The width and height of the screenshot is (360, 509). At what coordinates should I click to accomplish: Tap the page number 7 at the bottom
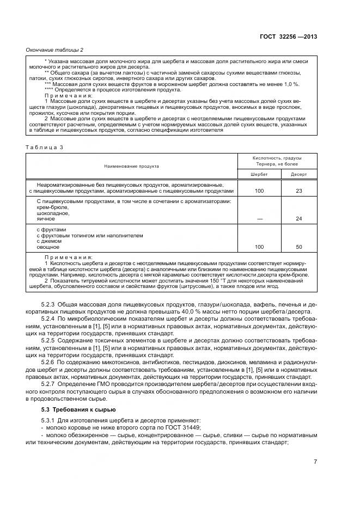[315, 462]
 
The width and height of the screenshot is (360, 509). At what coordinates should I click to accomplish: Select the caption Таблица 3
[45, 147]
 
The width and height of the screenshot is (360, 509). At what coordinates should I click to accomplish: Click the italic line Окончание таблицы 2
[54, 50]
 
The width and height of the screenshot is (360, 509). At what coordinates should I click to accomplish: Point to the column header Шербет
[259, 174]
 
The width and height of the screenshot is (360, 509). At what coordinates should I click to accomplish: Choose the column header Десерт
[298, 174]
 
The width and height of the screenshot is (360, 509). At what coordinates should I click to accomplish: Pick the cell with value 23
[298, 191]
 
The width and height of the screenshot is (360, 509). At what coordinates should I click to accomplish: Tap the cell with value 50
[298, 247]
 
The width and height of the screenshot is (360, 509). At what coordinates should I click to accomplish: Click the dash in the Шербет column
[259, 218]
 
